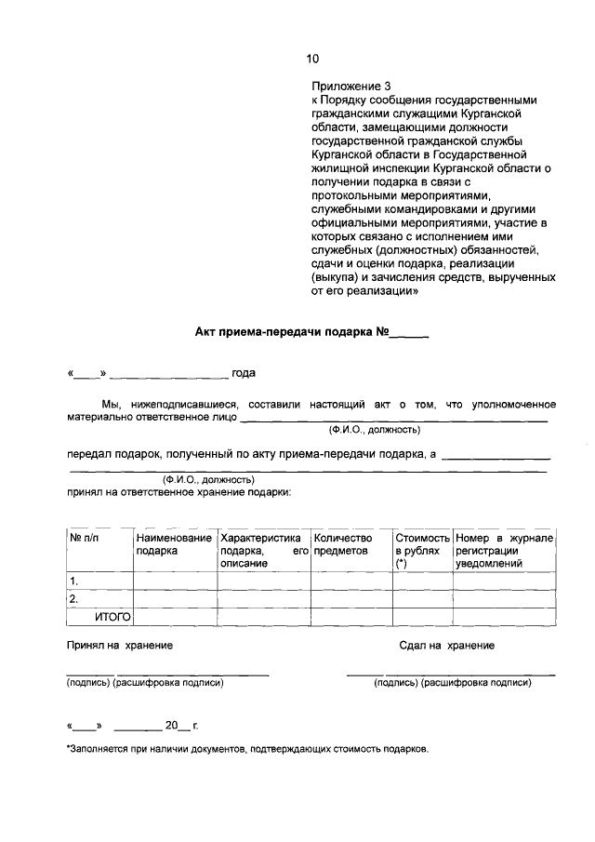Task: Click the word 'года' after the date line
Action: (x=243, y=374)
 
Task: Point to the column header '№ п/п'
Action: (x=84, y=538)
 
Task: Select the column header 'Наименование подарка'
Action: (x=174, y=544)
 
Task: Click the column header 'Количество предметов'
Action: (x=343, y=544)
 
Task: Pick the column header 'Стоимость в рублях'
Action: (x=422, y=550)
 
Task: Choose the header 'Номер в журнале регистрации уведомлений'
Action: (x=504, y=550)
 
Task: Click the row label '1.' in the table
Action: (x=74, y=581)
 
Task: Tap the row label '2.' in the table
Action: (x=74, y=599)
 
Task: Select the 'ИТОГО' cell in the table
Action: (x=112, y=616)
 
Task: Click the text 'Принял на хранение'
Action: (x=119, y=645)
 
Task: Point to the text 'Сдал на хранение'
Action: (x=446, y=645)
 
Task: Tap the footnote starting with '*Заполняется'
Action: (x=247, y=750)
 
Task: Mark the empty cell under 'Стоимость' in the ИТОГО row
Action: (x=422, y=616)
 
